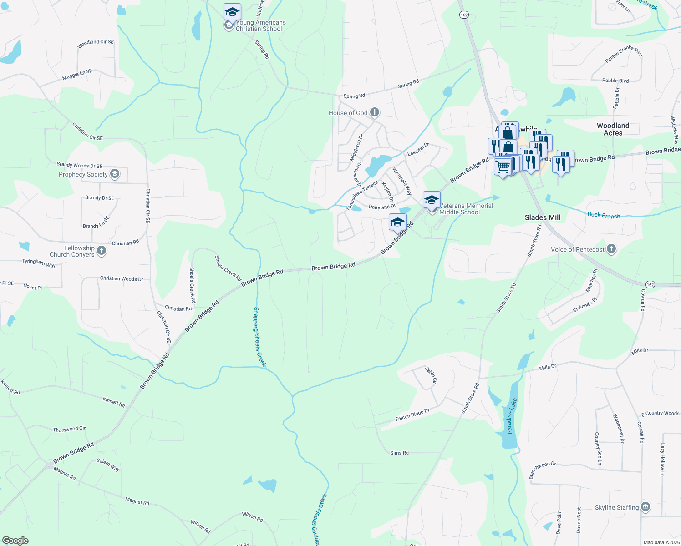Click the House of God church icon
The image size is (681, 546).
(375, 112)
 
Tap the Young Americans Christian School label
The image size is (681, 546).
(260, 25)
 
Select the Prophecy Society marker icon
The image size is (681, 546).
(115, 174)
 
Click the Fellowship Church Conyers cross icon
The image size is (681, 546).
(102, 250)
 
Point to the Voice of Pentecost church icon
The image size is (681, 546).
(611, 249)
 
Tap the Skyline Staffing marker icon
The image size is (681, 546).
(645, 507)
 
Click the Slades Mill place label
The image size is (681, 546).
(542, 217)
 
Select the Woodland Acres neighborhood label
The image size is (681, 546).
(613, 129)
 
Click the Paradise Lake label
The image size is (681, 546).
(512, 416)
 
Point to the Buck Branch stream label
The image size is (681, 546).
(604, 215)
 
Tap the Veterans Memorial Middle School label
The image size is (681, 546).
(466, 209)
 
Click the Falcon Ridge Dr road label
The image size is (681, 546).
(412, 415)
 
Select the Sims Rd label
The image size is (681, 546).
(399, 453)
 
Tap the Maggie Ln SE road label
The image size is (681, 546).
(77, 75)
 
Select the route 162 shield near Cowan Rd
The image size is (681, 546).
(650, 285)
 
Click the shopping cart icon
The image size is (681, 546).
(503, 167)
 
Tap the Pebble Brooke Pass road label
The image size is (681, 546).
(624, 54)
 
